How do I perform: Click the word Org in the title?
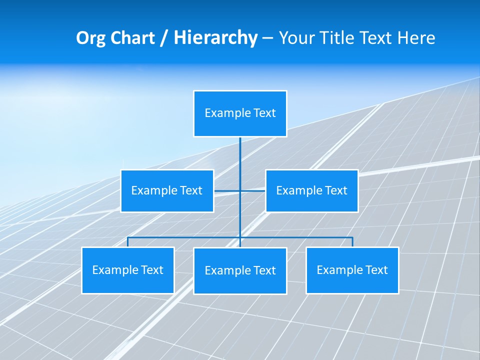pos(90,38)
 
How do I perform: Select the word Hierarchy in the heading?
pos(215,38)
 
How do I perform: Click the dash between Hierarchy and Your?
pos(267,38)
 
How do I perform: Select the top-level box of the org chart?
pos(240,113)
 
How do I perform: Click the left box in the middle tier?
pos(167,191)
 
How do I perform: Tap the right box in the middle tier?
pos(311,191)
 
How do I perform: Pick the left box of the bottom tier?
pos(127,270)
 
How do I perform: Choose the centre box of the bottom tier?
pos(240,271)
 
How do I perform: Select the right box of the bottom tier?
pos(352,270)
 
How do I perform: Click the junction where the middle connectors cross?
pos(240,191)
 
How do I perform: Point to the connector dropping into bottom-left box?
pos(127,242)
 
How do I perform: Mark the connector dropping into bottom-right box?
pos(352,242)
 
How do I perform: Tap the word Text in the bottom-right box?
pos(376,270)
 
